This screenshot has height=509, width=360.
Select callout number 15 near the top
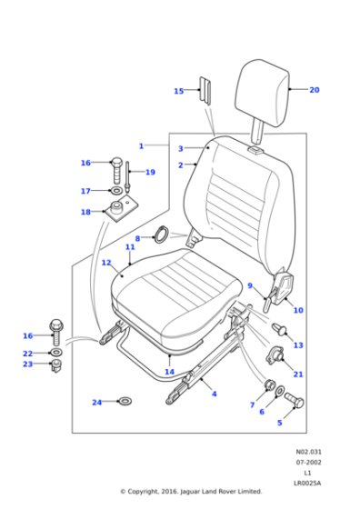point(179,91)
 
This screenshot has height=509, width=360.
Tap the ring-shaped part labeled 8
point(161,235)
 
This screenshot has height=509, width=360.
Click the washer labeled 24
point(125,401)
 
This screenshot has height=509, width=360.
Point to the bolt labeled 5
point(295,400)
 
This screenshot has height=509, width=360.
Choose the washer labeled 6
point(280,391)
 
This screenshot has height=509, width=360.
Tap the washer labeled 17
point(116,191)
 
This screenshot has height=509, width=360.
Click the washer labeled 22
point(56,353)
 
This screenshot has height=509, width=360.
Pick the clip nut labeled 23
point(56,366)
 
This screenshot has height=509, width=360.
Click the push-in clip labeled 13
point(279,330)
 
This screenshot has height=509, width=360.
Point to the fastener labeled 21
point(275,355)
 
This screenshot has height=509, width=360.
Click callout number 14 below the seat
point(169,372)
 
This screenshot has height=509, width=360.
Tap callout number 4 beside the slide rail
point(215,394)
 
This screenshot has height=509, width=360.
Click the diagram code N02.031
point(308,452)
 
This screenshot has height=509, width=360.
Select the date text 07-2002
point(308,463)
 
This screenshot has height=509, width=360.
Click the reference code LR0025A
point(308,484)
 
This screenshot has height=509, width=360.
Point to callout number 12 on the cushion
point(106,263)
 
